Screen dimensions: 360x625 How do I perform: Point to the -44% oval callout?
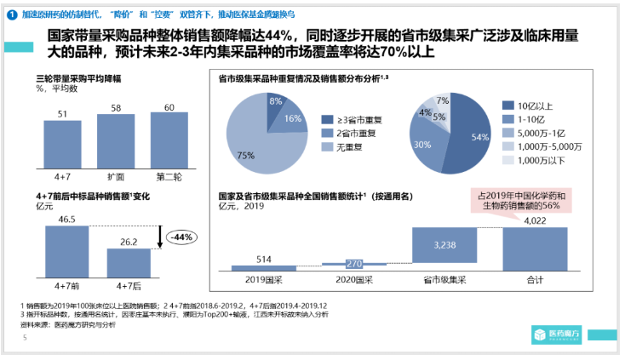point(181,237)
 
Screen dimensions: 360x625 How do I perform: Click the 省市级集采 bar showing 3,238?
point(445,244)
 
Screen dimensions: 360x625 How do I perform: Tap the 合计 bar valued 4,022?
point(534,246)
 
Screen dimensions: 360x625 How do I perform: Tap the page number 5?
point(25,338)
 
